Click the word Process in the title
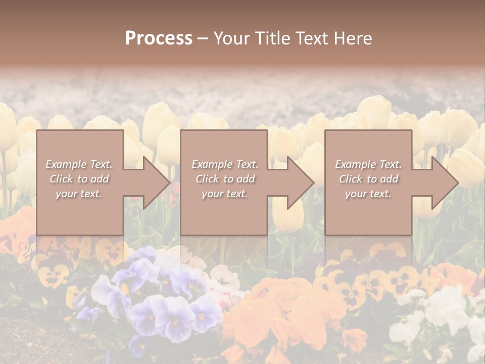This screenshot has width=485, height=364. pyautogui.click(x=159, y=38)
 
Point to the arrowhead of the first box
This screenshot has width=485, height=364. pyautogui.click(x=155, y=183)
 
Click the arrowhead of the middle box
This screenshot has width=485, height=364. pyautogui.click(x=299, y=183)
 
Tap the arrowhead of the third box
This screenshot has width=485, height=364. pyautogui.click(x=443, y=183)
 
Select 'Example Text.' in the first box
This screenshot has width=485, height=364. pyautogui.click(x=79, y=164)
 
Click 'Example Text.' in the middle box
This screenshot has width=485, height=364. pyautogui.click(x=224, y=164)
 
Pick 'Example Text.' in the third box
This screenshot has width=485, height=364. pyautogui.click(x=368, y=164)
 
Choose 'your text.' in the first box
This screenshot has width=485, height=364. pyautogui.click(x=79, y=194)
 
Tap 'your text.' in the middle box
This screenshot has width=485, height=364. pyautogui.click(x=224, y=194)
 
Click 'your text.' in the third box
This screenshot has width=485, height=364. pyautogui.click(x=368, y=194)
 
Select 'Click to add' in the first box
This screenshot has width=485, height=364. pyautogui.click(x=79, y=179)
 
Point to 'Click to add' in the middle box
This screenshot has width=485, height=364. pyautogui.click(x=224, y=179)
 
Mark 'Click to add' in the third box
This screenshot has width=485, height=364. pyautogui.click(x=368, y=179)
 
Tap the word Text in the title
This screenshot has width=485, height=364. pyautogui.click(x=311, y=38)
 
